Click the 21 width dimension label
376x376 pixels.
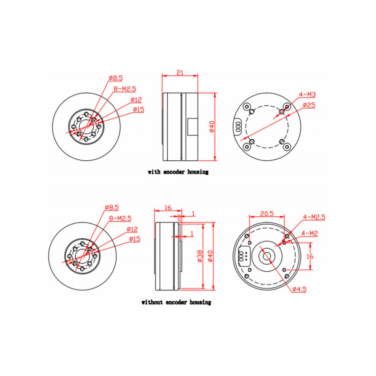tap(180, 72)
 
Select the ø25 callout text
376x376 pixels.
tap(309, 105)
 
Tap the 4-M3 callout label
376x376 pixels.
tap(307, 94)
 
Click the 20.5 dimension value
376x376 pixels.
tap(266, 213)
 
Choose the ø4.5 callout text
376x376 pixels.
tap(299, 289)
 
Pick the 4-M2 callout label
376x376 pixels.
tap(310, 233)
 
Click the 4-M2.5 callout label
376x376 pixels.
tap(314, 217)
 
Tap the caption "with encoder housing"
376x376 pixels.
tap(178, 172)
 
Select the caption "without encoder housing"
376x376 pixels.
tap(176, 302)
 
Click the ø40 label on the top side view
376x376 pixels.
tap(211, 126)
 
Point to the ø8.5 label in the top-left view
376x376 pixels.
tap(116, 78)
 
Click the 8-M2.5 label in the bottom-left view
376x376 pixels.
tap(120, 218)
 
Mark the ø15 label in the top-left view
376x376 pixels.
tap(139, 110)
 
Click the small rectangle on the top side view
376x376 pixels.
tap(193, 126)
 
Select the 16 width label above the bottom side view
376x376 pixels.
tap(168, 207)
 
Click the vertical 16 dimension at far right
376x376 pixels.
tap(310, 256)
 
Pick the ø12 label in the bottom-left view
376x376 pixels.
tap(132, 229)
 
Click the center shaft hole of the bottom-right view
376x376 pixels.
tap(266, 256)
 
